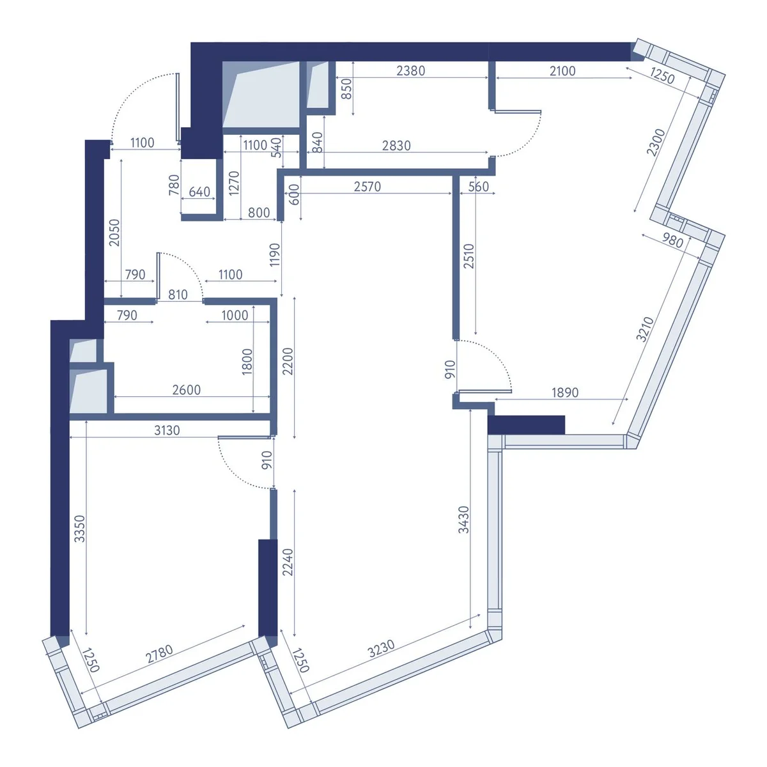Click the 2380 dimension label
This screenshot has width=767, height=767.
(410, 71)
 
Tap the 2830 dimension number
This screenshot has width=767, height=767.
(396, 146)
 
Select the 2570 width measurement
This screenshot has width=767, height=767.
(367, 187)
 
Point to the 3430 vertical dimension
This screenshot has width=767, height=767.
(463, 520)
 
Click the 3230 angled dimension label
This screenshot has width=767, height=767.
(381, 648)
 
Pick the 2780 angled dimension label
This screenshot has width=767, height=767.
(160, 654)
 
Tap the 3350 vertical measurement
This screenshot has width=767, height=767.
(80, 529)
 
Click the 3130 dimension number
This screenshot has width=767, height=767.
(167, 430)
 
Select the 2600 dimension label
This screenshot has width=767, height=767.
(186, 390)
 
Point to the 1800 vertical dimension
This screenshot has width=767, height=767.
(247, 361)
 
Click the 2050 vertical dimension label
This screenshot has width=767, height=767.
(114, 233)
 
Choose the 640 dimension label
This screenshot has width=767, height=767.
(199, 192)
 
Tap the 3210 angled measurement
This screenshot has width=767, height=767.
(645, 329)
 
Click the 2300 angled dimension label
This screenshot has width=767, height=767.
(656, 143)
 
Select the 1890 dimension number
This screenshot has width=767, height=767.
(565, 392)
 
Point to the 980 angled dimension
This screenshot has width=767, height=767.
(672, 240)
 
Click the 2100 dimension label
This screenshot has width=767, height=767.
(562, 71)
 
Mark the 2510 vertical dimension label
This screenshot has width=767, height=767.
(469, 256)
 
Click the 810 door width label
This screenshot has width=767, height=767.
(178, 295)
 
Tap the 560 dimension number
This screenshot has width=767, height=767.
(478, 187)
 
